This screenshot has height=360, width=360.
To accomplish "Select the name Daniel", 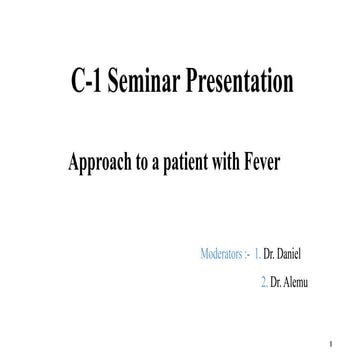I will click(290, 243).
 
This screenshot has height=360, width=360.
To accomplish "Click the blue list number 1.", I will click(259, 243).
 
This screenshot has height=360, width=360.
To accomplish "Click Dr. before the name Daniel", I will click(271, 243).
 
